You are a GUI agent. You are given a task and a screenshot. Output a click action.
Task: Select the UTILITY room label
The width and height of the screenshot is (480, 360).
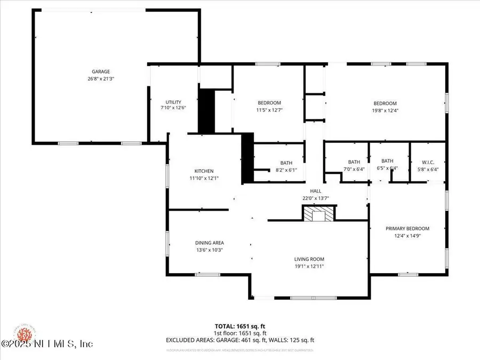point(173,102)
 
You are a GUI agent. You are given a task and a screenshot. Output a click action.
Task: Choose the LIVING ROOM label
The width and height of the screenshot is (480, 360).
point(309,259)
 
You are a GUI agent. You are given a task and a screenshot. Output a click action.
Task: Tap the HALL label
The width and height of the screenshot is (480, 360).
point(316,191)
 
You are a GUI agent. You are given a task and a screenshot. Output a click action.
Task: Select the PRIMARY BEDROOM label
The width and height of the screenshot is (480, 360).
point(407,228)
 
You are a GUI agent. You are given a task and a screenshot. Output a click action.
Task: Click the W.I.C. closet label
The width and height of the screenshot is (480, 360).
point(428,162)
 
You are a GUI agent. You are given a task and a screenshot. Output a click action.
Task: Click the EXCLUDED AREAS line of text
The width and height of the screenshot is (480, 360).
point(240,339)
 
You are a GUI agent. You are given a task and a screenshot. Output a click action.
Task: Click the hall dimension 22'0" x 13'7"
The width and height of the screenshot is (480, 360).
point(316,198)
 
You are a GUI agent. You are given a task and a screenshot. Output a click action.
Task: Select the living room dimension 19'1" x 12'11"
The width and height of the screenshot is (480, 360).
point(309,266)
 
